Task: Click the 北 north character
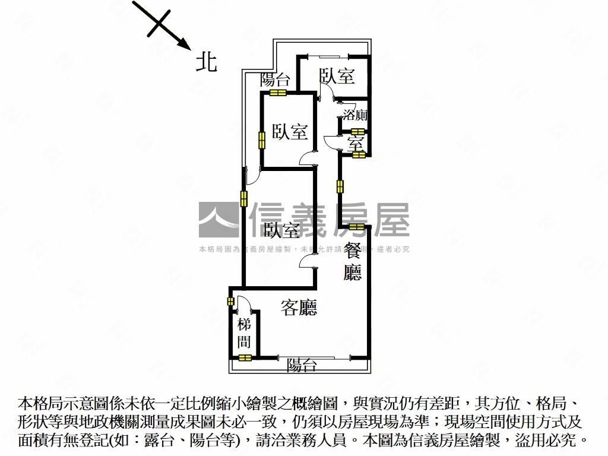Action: pos(207,61)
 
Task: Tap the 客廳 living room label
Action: pos(299,308)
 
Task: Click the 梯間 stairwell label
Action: pos(244,333)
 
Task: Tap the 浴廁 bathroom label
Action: pos(354,115)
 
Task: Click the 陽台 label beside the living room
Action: pos(302,366)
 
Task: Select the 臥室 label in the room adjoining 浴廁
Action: pos(337,76)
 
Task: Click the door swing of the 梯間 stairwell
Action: pos(245,304)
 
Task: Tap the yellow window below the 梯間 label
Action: pos(245,357)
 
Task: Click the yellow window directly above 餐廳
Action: pos(356,227)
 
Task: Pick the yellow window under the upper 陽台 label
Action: pos(278,93)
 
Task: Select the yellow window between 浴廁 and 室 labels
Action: pos(358,132)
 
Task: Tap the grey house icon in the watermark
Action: pos(218,220)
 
